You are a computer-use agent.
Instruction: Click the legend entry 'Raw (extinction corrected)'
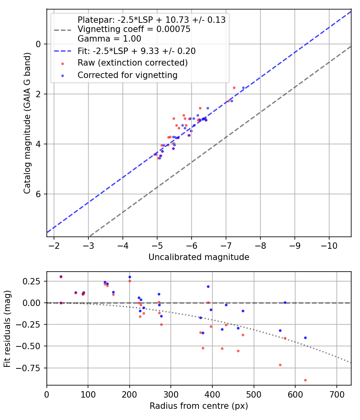click(x=132, y=63)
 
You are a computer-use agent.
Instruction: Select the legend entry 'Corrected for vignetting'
click(x=127, y=75)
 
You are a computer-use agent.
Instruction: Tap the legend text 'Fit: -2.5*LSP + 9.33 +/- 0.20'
click(x=136, y=51)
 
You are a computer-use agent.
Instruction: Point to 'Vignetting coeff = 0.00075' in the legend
click(x=134, y=29)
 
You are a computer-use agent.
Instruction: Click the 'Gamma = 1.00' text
click(x=109, y=39)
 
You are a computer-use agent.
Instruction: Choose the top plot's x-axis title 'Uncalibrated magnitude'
click(x=199, y=257)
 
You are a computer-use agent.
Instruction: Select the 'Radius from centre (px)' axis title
click(x=199, y=406)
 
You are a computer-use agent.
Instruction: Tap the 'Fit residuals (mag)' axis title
click(x=8, y=328)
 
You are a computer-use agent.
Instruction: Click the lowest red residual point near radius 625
click(x=305, y=380)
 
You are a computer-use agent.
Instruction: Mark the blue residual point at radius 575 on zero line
click(x=285, y=302)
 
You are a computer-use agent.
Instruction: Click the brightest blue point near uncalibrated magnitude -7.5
click(x=243, y=88)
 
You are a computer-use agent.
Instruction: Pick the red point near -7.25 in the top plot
click(x=234, y=88)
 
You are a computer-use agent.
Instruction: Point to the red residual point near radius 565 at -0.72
click(x=280, y=365)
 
